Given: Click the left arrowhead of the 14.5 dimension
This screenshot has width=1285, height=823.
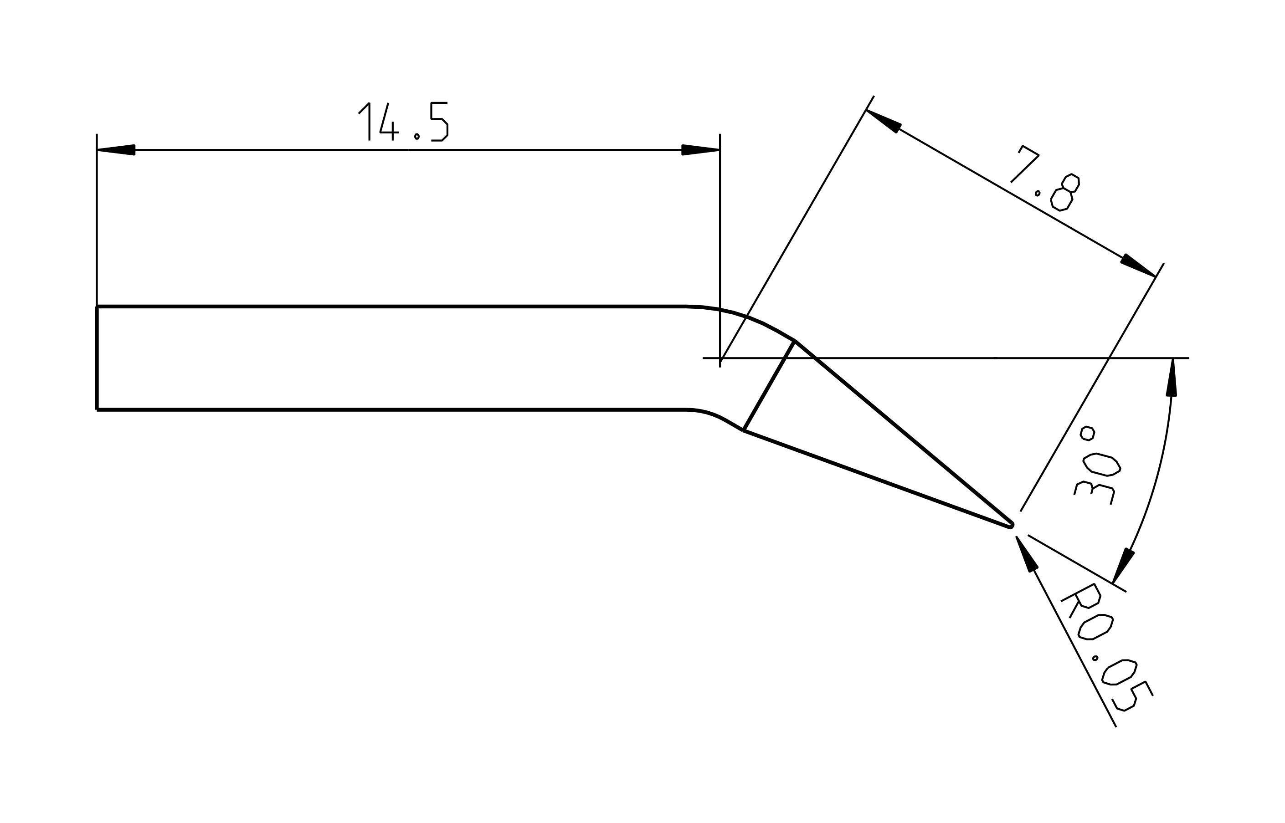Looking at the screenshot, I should (115, 150).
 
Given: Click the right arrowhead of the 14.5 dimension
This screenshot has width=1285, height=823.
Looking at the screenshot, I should (701, 150).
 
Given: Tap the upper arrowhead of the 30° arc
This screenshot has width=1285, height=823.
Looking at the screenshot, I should (1172, 377).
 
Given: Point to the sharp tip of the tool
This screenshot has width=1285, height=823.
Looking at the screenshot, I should (1010, 525).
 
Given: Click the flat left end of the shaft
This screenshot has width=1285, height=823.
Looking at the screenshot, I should (97, 358).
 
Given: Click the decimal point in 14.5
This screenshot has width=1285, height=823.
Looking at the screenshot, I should (417, 137).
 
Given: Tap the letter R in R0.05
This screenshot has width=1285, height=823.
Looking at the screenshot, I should (1080, 602).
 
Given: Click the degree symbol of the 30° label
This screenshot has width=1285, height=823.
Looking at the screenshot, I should (1087, 433).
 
